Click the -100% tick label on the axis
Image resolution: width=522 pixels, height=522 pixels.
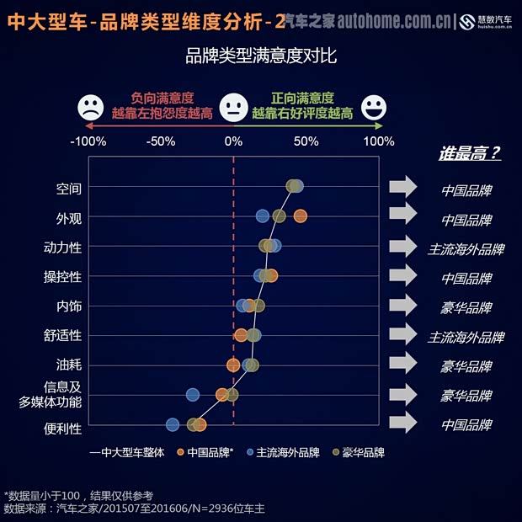tap(88, 141)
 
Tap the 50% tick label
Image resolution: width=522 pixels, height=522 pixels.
tap(306, 141)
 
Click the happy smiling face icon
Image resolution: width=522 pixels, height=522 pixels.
tap(374, 108)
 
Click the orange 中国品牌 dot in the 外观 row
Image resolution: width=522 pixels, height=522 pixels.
tap(300, 216)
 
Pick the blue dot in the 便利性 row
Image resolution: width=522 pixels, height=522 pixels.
tap(173, 424)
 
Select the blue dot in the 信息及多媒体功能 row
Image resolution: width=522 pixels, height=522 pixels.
tap(193, 394)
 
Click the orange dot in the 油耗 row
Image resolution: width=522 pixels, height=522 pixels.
tap(233, 365)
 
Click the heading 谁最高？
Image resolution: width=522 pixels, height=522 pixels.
tap(469, 153)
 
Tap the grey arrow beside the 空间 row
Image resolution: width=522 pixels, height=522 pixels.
tap(403, 187)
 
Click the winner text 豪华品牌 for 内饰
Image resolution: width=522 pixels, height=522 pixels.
tap(466, 307)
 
